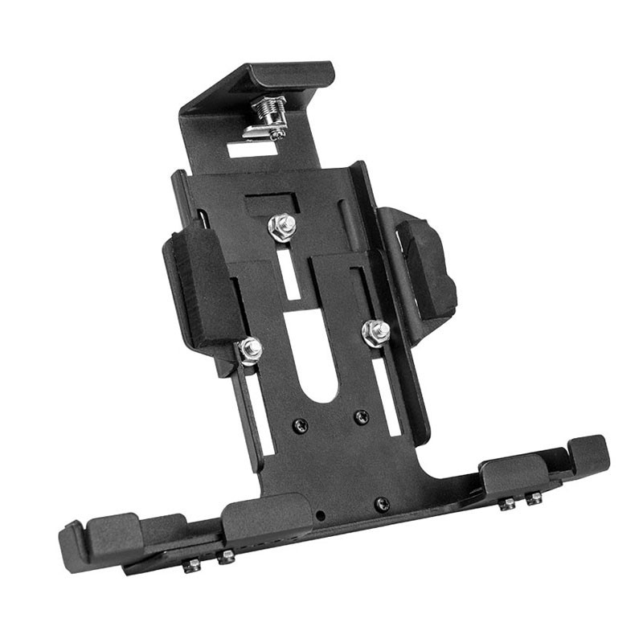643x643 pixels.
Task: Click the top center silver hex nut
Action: click(281, 227)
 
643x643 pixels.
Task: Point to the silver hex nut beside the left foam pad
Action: click(250, 350)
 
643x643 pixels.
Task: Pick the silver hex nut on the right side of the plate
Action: click(375, 332)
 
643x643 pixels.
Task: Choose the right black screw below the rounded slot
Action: click(362, 417)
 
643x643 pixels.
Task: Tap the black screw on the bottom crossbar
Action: click(383, 505)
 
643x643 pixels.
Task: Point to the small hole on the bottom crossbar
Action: click(321, 514)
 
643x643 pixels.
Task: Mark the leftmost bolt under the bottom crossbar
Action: click(192, 565)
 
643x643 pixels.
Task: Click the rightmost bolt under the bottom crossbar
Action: click(533, 499)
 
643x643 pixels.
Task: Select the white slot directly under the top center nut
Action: click(289, 273)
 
